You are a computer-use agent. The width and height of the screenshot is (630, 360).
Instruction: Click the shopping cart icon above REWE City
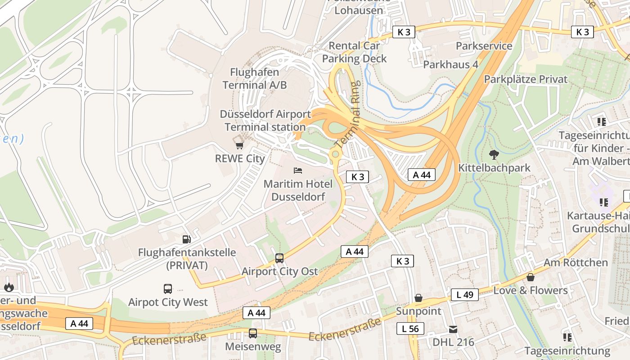239,145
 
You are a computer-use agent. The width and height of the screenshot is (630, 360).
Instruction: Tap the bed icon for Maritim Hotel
298,171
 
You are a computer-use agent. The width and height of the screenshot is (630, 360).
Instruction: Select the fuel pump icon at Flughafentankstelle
186,239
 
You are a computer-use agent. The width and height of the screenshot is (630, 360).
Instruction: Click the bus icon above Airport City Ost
279,258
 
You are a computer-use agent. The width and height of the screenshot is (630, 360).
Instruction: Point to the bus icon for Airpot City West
168,289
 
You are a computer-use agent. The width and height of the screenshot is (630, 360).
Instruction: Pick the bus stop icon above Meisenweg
253,333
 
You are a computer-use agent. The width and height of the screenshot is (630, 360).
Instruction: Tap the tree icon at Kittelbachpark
494,155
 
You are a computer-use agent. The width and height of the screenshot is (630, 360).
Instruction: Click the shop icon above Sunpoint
418,298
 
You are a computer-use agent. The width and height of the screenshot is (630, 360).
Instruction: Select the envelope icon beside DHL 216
453,329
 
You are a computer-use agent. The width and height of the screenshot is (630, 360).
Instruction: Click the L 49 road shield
464,295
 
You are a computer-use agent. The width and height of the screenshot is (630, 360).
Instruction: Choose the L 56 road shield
410,329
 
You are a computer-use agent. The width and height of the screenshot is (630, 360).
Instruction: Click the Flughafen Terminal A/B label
255,78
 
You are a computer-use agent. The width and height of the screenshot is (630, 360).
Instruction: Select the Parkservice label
484,46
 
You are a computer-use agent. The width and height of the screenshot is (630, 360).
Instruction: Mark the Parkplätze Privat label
526,79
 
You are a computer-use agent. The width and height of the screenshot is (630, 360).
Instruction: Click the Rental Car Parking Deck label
354,52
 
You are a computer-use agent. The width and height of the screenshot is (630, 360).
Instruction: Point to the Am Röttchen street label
576,262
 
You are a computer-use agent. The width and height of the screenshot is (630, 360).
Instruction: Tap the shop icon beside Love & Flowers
531,277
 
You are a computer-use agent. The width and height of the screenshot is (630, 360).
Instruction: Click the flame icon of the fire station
9,287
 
